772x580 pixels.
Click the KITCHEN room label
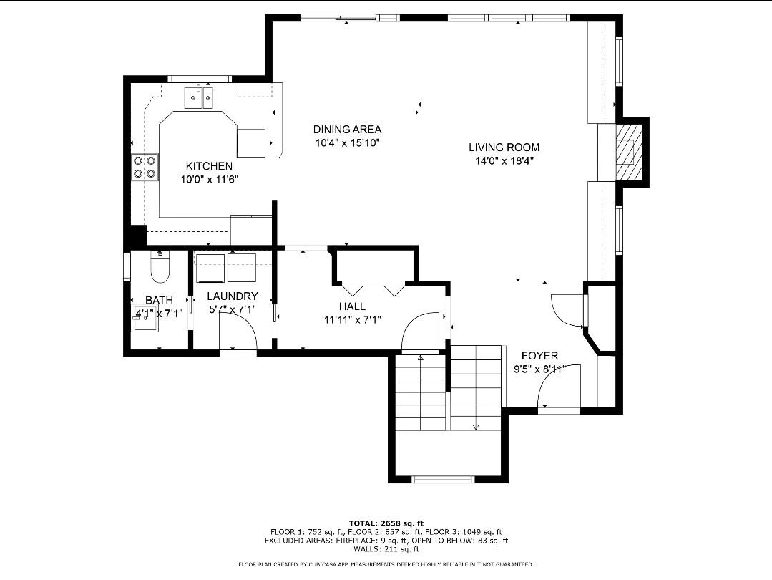click(x=209, y=166)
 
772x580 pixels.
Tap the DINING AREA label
click(x=347, y=130)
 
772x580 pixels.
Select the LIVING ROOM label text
click(x=504, y=148)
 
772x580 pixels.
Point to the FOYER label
click(x=539, y=356)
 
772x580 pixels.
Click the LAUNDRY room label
click(x=232, y=296)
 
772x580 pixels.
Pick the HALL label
click(x=352, y=306)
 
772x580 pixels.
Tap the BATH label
click(x=159, y=301)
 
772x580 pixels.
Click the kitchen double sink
click(x=199, y=97)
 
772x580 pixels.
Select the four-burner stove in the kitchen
click(x=145, y=167)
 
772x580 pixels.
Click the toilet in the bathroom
click(x=160, y=267)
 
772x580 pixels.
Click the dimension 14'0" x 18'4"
click(x=504, y=161)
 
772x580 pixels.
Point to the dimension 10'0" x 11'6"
click(x=209, y=180)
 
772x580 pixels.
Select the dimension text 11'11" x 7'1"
click(x=352, y=319)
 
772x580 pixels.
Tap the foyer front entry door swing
click(x=557, y=390)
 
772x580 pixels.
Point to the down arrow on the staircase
click(x=476, y=425)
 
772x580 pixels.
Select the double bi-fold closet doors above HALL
click(x=373, y=288)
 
